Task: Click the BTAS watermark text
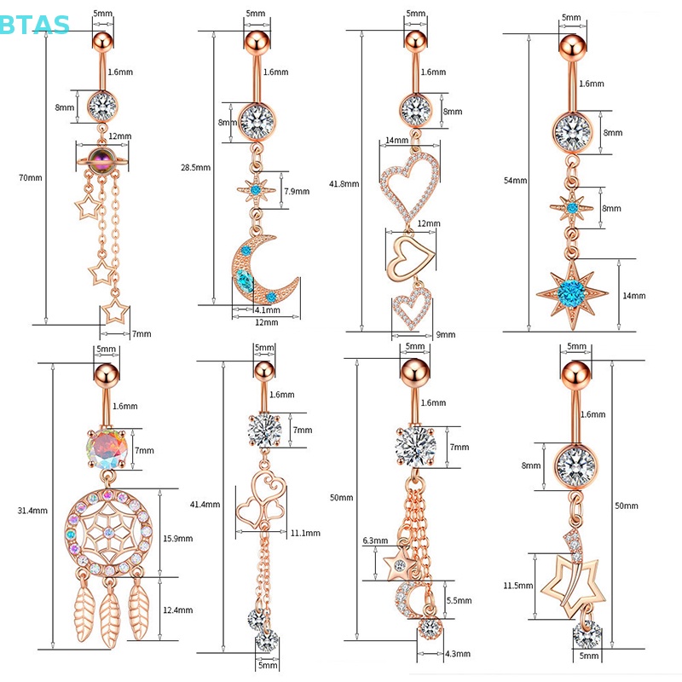coord(35,24)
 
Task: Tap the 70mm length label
coord(30,177)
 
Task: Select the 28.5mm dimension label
coord(196,168)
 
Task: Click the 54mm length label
coord(515,182)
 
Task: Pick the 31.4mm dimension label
coord(30,511)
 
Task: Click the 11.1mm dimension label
coord(305,533)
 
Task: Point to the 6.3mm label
coord(374,540)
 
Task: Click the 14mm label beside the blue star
coord(633,296)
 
